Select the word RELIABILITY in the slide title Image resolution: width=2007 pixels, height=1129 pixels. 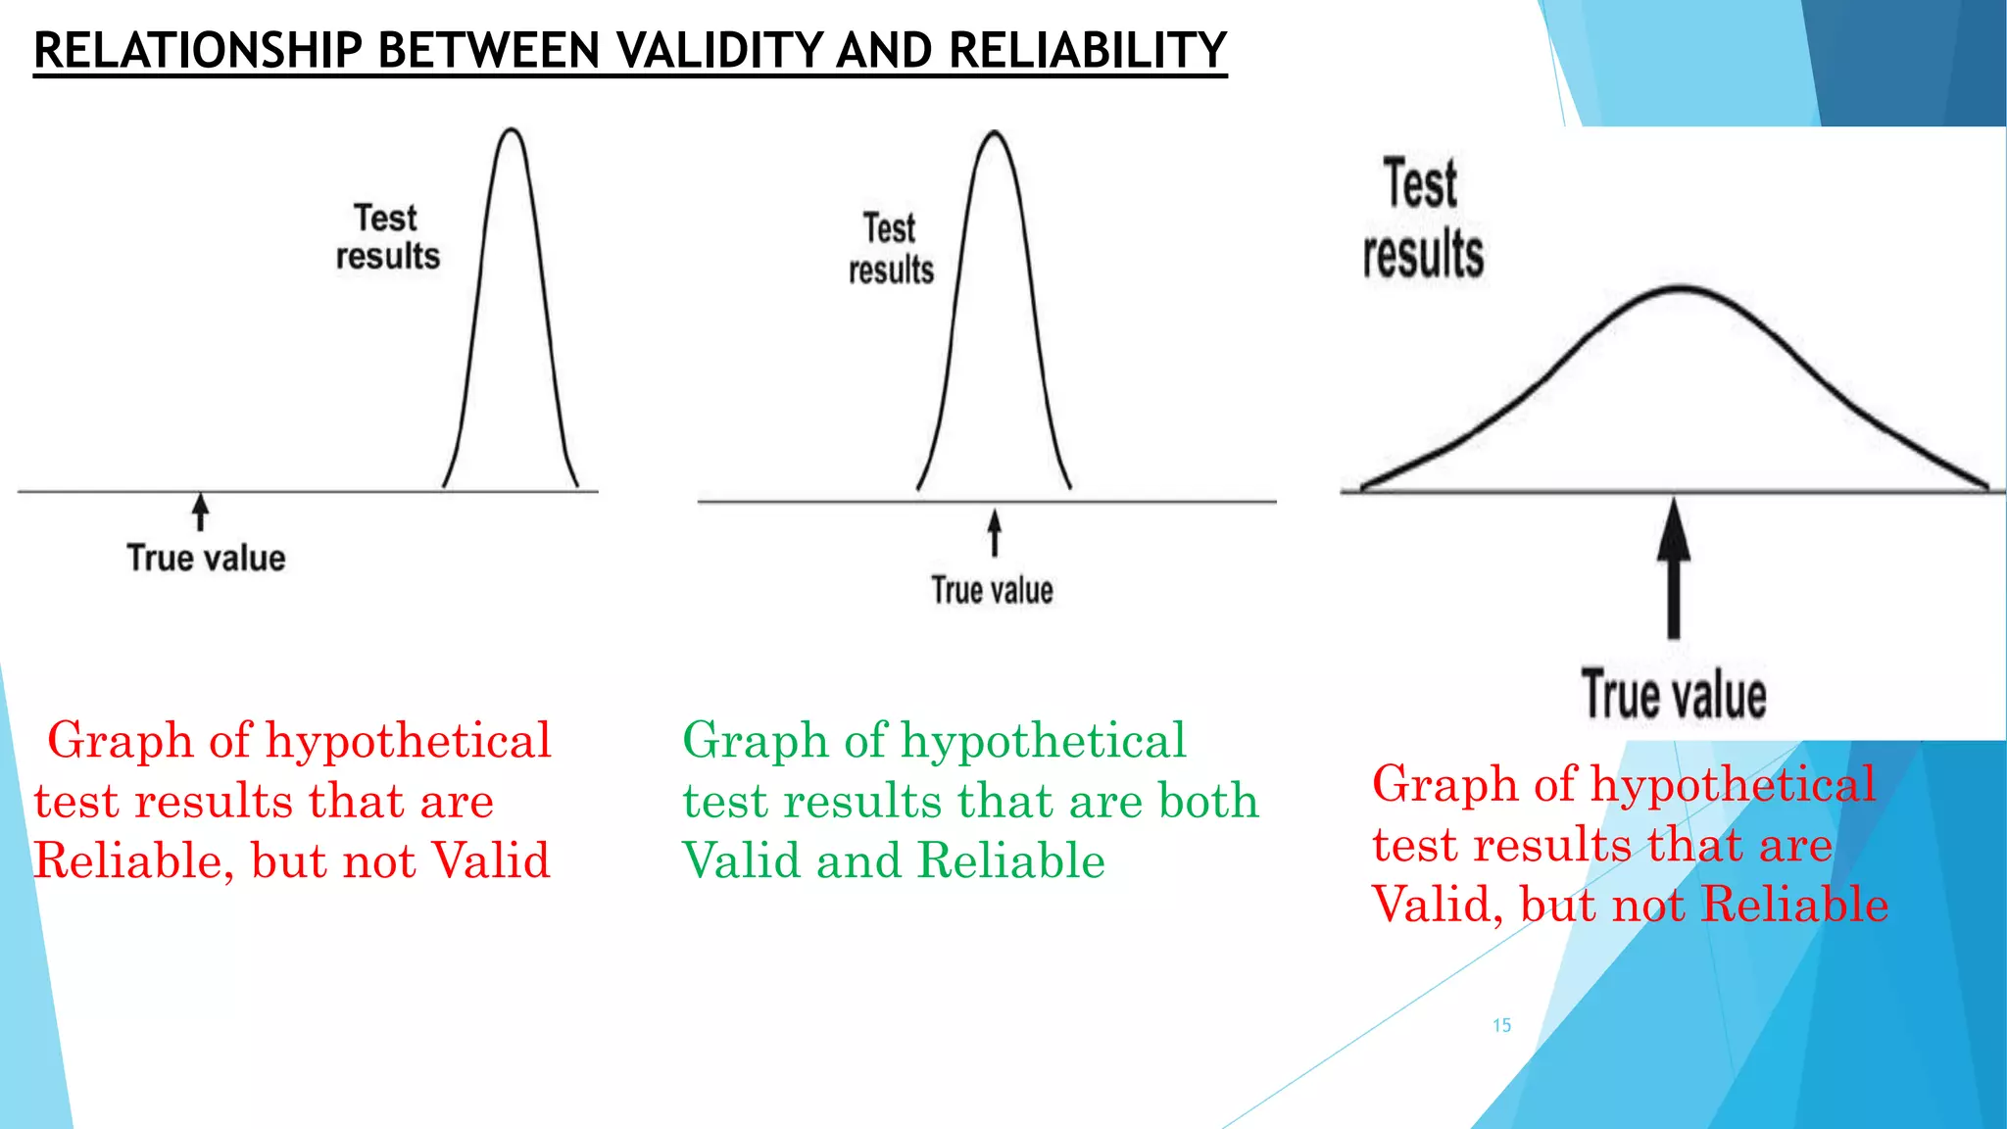click(x=1088, y=51)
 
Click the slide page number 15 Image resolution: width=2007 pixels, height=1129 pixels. click(x=1501, y=1025)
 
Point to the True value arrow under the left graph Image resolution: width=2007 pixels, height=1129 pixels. click(x=201, y=512)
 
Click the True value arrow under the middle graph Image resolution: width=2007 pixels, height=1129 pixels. click(x=995, y=532)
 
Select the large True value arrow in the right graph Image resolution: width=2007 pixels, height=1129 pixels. click(x=1674, y=568)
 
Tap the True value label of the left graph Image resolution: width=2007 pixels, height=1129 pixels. click(x=206, y=558)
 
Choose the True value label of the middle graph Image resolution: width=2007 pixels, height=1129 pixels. click(x=992, y=590)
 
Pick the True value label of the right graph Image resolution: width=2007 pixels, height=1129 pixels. click(x=1674, y=695)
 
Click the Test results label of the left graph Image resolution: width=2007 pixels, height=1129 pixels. click(x=387, y=236)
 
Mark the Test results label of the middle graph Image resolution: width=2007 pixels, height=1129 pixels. click(x=891, y=249)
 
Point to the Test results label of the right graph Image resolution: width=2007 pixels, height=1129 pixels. click(x=1423, y=219)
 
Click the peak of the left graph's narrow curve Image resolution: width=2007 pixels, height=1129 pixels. click(x=512, y=129)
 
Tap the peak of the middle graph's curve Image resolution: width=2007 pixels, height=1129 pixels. click(x=995, y=132)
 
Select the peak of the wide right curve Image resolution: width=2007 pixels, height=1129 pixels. click(x=1680, y=288)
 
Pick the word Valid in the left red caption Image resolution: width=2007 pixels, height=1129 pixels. click(x=491, y=860)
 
